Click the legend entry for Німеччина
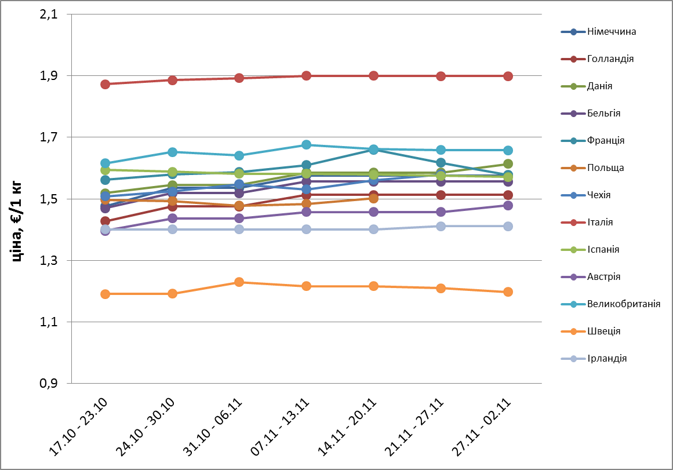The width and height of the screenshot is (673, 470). pyautogui.click(x=611, y=31)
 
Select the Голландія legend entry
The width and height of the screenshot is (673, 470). pyautogui.click(x=610, y=59)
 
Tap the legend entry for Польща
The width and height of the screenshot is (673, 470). pyautogui.click(x=605, y=167)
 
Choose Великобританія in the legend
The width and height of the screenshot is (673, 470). pyautogui.click(x=623, y=304)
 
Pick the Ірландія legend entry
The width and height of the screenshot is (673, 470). pyautogui.click(x=606, y=358)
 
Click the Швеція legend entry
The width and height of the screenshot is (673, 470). pyautogui.click(x=603, y=331)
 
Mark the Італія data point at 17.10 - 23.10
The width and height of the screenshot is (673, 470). pyautogui.click(x=106, y=84)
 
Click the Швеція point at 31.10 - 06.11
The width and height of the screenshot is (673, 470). pyautogui.click(x=239, y=282)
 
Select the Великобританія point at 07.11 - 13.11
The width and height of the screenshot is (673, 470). pyautogui.click(x=307, y=145)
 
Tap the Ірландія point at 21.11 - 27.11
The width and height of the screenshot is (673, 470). pyautogui.click(x=441, y=226)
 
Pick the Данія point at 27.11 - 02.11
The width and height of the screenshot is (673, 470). pyautogui.click(x=508, y=164)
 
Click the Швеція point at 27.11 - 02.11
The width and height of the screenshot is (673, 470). pyautogui.click(x=508, y=292)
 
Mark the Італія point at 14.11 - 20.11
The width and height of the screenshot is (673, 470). pyautogui.click(x=374, y=76)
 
